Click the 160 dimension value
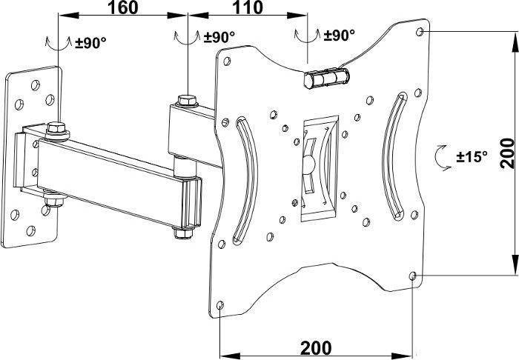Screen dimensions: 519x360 coord(122,7)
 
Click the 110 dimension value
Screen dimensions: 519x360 coord(248,7)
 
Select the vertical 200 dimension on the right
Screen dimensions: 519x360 coord(506,153)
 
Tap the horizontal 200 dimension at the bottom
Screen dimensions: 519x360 coord(315,347)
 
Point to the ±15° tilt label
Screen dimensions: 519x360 coord(472,156)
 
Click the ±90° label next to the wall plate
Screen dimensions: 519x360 coord(90,43)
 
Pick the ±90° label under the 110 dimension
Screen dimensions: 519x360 coord(340,35)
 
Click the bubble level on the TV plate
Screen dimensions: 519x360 coord(327,78)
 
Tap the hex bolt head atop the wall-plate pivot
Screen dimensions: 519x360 coord(57,127)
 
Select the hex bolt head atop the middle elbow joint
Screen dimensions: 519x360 coord(188,100)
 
